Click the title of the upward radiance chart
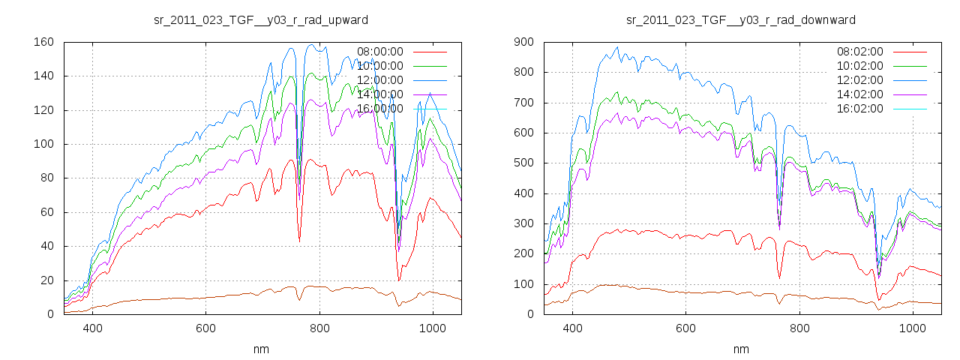pos(260,19)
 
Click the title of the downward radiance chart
pos(741,19)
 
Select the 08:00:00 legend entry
pos(380,52)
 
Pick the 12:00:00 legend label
pos(380,80)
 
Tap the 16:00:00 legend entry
pos(380,109)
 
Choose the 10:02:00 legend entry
pos(860,66)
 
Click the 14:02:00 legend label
pos(860,94)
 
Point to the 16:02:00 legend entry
pos(860,109)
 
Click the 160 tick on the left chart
pos(43,42)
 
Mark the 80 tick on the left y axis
pos(46,178)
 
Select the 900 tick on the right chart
pos(523,42)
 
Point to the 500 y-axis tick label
pos(523,163)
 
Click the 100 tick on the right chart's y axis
pos(523,284)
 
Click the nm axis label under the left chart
pos(260,349)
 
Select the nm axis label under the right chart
pos(741,349)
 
